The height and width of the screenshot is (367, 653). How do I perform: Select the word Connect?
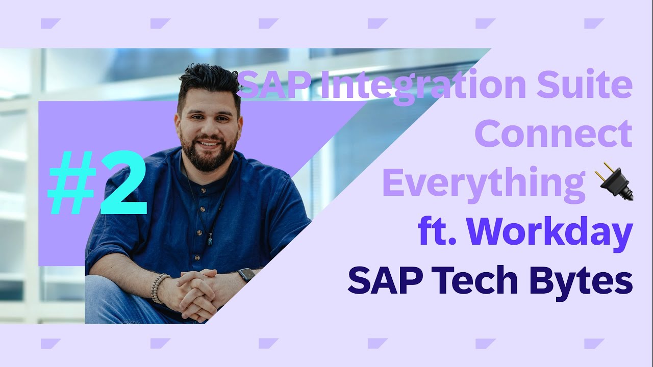[554, 134]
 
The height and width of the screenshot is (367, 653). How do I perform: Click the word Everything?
[484, 183]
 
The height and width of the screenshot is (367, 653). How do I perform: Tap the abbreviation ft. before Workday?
[439, 232]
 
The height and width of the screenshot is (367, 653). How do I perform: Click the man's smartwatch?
[246, 275]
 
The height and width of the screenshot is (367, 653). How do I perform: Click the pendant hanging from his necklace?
[210, 240]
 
